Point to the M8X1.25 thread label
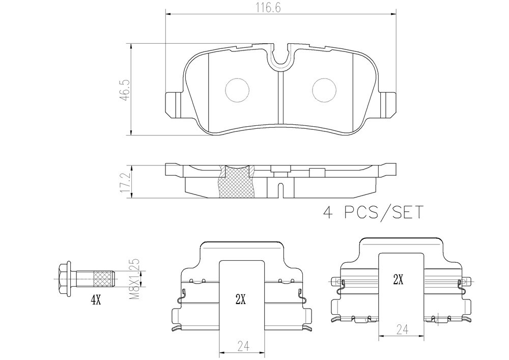tap(134, 279)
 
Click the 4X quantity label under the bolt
tap(96, 301)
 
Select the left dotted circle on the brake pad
tap(237, 91)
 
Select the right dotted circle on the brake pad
tap(324, 91)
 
